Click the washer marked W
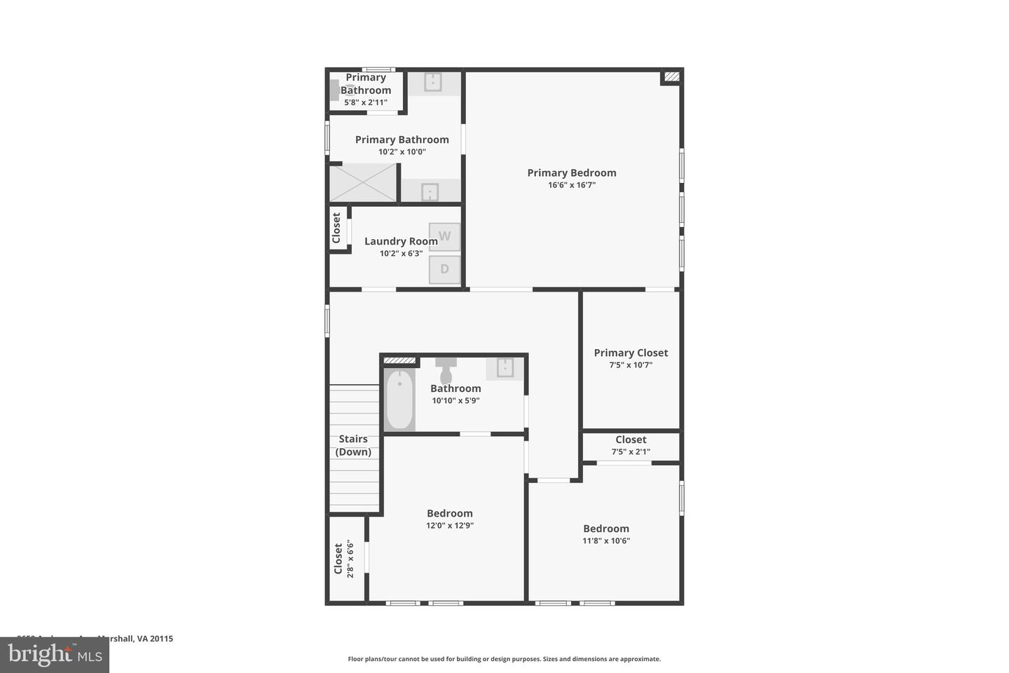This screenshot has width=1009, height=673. [x=444, y=237]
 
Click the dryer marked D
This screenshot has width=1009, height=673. [x=444, y=269]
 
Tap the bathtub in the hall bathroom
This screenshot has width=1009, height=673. [x=399, y=400]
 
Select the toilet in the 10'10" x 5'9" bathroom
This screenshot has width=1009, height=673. [x=446, y=369]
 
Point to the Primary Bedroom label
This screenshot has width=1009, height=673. [x=572, y=173]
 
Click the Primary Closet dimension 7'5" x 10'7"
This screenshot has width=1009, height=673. [x=631, y=365]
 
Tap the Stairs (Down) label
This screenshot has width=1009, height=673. [x=353, y=445]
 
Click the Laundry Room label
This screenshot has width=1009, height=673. [x=401, y=241]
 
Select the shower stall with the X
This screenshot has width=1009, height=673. [x=363, y=182]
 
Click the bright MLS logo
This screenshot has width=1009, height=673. [x=55, y=655]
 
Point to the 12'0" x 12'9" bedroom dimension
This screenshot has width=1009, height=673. [x=450, y=526]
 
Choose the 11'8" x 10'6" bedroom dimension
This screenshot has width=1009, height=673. [x=606, y=541]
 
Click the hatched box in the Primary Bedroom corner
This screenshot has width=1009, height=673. [x=671, y=77]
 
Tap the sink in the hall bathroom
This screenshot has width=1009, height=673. [x=505, y=367]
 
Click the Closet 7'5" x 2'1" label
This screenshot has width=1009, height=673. [x=631, y=440]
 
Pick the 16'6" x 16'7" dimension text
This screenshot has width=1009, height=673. [x=572, y=186]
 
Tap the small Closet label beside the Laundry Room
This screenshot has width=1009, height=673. [x=336, y=228]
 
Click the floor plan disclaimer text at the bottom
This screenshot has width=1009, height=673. [x=504, y=659]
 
